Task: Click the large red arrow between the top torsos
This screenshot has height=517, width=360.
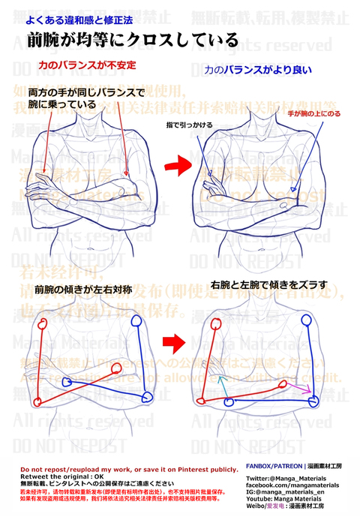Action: tap(178, 162)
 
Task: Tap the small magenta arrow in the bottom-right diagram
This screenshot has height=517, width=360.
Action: tap(304, 389)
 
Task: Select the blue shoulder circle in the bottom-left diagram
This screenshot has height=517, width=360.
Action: tap(136, 320)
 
